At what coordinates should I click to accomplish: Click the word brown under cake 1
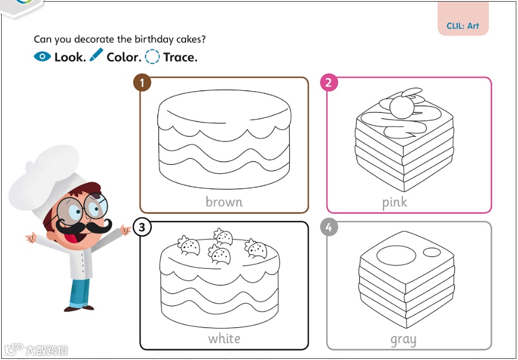tap(224, 201)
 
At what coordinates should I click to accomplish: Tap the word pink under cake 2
tap(395, 202)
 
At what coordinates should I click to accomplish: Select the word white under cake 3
tap(224, 338)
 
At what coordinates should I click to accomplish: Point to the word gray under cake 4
tap(403, 340)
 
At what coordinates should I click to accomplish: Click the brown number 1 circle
tap(142, 83)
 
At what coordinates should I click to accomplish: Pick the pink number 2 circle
tap(328, 82)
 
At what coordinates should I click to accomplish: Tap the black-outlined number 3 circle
tap(142, 227)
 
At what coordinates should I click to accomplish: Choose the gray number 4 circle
tap(328, 227)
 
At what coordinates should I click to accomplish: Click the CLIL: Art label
tap(462, 26)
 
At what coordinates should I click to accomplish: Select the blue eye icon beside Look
tap(42, 56)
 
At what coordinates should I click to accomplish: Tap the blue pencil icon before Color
tap(96, 55)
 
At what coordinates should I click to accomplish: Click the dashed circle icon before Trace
tap(152, 56)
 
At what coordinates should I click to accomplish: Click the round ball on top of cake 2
tap(402, 107)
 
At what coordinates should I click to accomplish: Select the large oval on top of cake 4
tap(396, 255)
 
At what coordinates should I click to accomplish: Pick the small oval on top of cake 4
tap(432, 253)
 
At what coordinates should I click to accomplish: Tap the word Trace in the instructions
tap(180, 57)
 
